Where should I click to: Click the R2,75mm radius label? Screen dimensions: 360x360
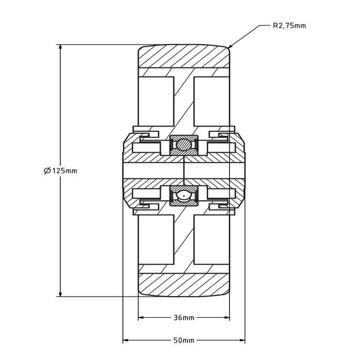[x=289, y=26]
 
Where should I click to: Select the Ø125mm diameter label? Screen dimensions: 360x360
[x=61, y=171]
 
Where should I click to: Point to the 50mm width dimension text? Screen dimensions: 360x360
[x=184, y=340]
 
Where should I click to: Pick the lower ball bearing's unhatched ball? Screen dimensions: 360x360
[x=184, y=196]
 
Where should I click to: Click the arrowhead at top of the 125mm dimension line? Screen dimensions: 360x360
[x=60, y=47]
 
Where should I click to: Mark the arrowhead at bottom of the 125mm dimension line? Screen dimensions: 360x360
[x=60, y=294]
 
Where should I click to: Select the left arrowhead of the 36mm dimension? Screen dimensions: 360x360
[x=141, y=318]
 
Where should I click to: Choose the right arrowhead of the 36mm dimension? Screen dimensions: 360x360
[x=227, y=318]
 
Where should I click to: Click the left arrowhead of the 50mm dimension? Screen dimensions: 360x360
[x=126, y=340]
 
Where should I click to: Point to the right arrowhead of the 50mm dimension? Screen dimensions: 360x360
[x=242, y=340]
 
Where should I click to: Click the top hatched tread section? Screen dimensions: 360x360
[x=184, y=56]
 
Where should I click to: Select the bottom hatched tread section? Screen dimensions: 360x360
[x=184, y=285]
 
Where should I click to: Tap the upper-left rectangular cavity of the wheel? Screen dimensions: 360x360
[x=156, y=101]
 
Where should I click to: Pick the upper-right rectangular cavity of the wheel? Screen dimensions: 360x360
[x=212, y=101]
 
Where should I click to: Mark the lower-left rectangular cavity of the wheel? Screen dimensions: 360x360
[x=156, y=240]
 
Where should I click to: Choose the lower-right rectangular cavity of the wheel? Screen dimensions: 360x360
[x=212, y=240]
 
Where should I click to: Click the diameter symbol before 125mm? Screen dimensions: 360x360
[x=47, y=171]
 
